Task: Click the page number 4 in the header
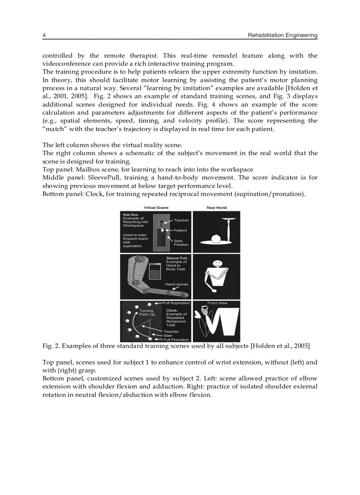pos(44,35)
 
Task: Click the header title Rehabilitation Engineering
pos(283,35)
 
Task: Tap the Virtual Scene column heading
pos(156,208)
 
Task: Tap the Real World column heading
pos(217,208)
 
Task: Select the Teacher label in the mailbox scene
pos(181,220)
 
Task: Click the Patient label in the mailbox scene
pos(180,230)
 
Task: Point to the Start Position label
pos(181,243)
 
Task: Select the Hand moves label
pos(176,284)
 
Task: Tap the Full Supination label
pos(176,303)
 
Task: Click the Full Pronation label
pos(176,340)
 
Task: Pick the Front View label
pos(217,303)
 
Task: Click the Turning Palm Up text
pos(146,313)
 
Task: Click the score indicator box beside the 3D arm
pos(154,271)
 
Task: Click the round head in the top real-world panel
pos(216,238)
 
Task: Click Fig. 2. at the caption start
pos(50,346)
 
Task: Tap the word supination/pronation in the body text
pos(273,194)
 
